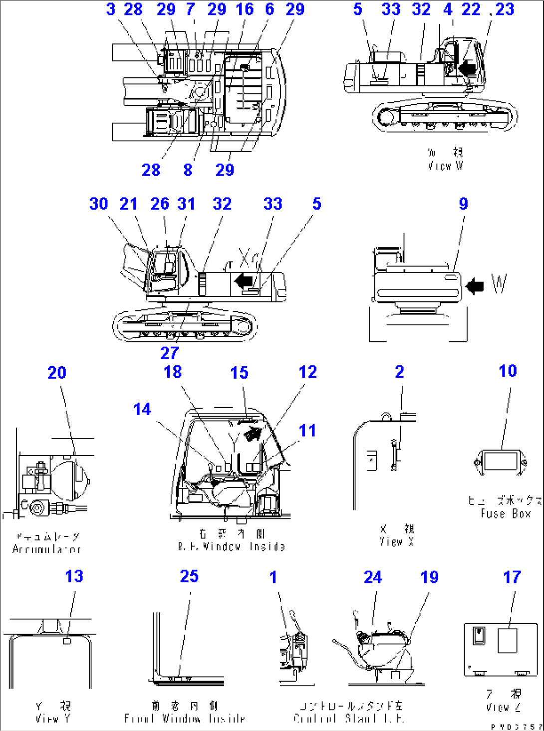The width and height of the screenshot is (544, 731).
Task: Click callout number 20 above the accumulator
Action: tap(56, 373)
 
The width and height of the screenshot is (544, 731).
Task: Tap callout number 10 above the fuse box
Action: tap(508, 371)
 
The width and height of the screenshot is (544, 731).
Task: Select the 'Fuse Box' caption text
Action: tap(505, 513)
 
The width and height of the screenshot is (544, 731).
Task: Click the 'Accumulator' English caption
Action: tap(46, 549)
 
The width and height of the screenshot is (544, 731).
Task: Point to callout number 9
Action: tap(463, 204)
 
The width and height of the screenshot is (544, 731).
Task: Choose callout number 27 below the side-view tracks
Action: tap(169, 353)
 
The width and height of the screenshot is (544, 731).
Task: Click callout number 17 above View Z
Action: tap(512, 577)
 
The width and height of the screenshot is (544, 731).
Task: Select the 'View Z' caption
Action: tap(504, 707)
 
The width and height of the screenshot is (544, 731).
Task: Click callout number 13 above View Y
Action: tap(74, 576)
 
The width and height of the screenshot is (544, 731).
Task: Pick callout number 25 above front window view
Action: tap(189, 576)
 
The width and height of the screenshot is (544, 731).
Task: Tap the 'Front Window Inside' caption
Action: tap(185, 719)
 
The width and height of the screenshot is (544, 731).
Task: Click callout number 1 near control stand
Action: tap(273, 577)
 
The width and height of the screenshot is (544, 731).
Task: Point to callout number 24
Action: tap(373, 577)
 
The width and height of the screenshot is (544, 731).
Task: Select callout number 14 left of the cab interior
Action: tap(142, 409)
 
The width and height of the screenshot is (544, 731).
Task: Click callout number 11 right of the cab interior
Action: tap(307, 430)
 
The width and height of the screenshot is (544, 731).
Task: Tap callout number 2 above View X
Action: tap(399, 372)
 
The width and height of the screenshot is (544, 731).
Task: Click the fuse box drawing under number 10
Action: tap(500, 462)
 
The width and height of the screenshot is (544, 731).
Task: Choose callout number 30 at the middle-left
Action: tap(98, 204)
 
